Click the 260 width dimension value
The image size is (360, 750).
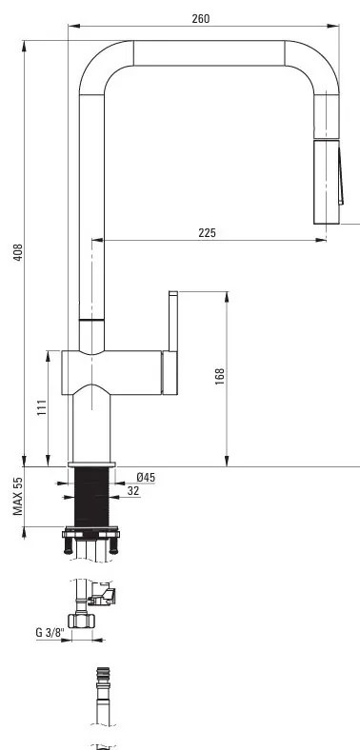[201, 19]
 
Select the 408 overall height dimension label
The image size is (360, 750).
[18, 252]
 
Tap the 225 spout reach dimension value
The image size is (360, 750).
[207, 233]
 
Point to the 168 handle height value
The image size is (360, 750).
[220, 377]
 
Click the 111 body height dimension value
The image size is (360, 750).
[42, 407]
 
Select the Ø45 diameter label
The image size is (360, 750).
[146, 478]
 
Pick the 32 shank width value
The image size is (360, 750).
[133, 491]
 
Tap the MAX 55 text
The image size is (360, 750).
[18, 497]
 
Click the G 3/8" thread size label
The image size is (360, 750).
[50, 632]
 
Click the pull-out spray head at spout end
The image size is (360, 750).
[327, 182]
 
